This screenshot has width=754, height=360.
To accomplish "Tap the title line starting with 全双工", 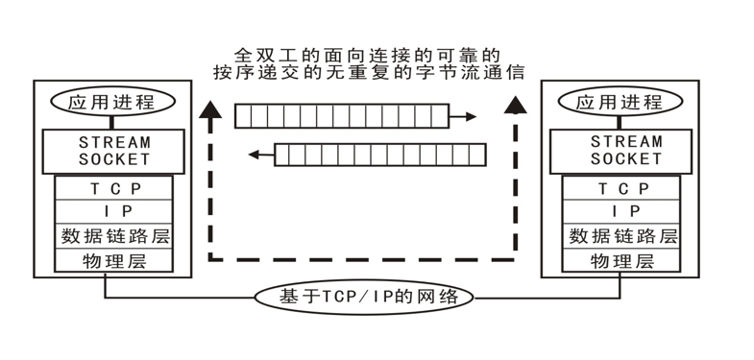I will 369,56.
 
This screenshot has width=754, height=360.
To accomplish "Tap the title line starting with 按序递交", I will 369,72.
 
